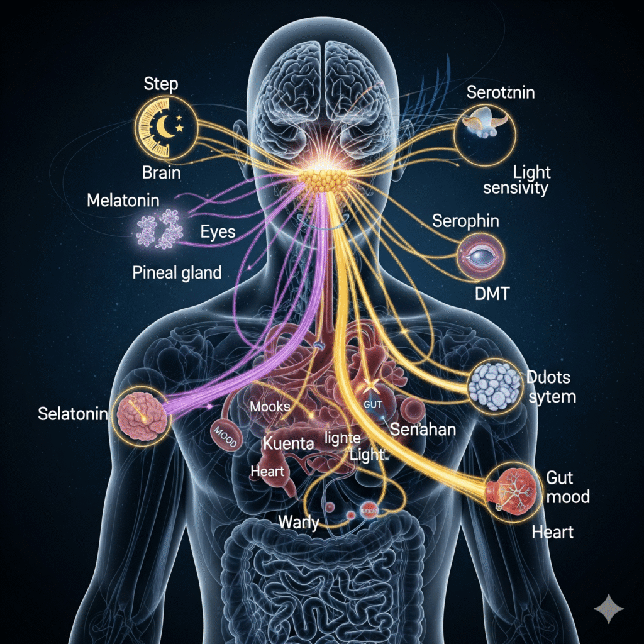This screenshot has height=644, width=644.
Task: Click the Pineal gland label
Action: pos(177,273)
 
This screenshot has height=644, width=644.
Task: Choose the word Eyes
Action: pos(218,232)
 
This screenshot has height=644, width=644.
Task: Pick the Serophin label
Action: pos(466,221)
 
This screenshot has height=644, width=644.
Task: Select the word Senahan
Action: pos(424,430)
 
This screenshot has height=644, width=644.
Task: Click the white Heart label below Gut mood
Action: pos(552,532)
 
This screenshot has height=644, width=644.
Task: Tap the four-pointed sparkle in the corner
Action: pos(609,610)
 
